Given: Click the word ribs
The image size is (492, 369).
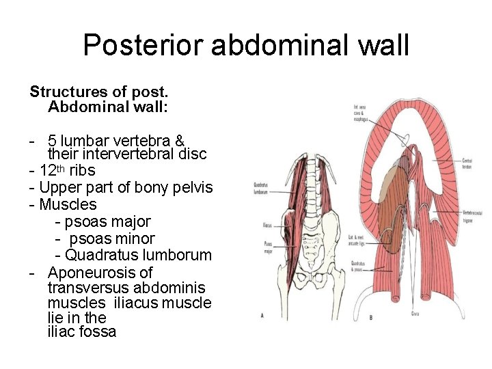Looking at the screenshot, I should click(x=83, y=170).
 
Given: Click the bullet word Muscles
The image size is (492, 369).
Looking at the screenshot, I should click(x=68, y=204).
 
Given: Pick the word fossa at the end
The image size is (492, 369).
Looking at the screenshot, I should click(x=98, y=332).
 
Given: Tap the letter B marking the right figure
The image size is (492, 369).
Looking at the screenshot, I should click(x=370, y=317).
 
